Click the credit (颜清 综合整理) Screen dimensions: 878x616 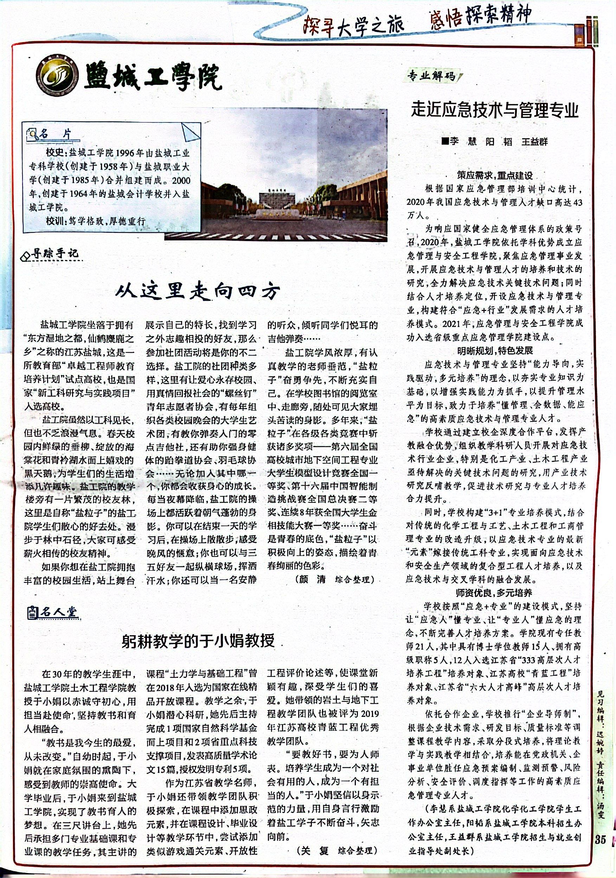coord(333,579)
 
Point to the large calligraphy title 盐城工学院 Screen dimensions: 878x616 coord(153,78)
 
